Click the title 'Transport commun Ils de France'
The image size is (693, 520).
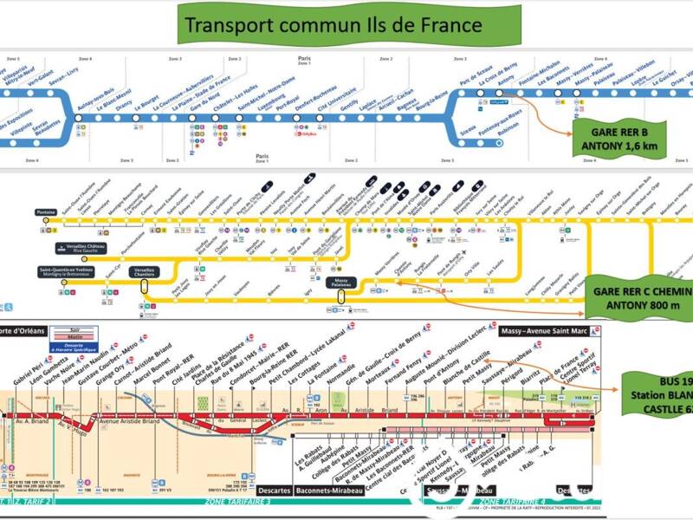(329, 24)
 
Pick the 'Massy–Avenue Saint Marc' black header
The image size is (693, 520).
(551, 332)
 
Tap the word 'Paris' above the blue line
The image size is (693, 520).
(304, 58)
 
